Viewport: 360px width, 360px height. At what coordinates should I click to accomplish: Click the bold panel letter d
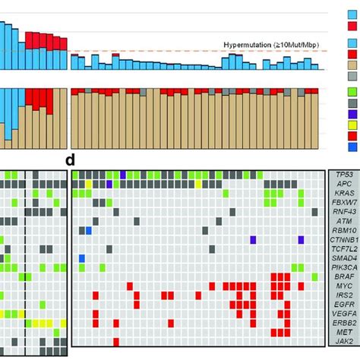click(70, 160)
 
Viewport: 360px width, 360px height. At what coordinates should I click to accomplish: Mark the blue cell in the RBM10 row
click(88, 230)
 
